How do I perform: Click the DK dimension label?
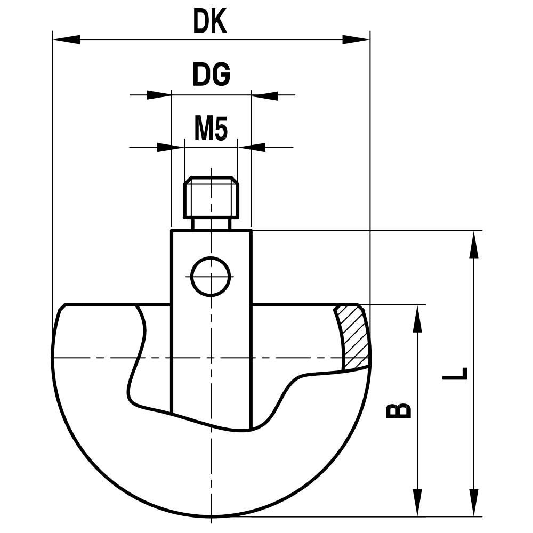[x=211, y=22]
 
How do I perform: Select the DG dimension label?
[x=211, y=76]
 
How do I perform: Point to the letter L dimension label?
[x=456, y=373]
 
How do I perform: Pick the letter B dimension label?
[x=398, y=409]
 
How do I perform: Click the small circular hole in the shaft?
[x=211, y=276]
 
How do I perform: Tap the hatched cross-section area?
[x=353, y=338]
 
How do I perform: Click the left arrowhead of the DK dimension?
[x=66, y=39]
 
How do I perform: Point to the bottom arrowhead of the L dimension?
[x=472, y=503]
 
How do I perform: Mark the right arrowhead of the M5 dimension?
[x=252, y=147]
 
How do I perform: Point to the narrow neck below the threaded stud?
[x=211, y=224]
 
